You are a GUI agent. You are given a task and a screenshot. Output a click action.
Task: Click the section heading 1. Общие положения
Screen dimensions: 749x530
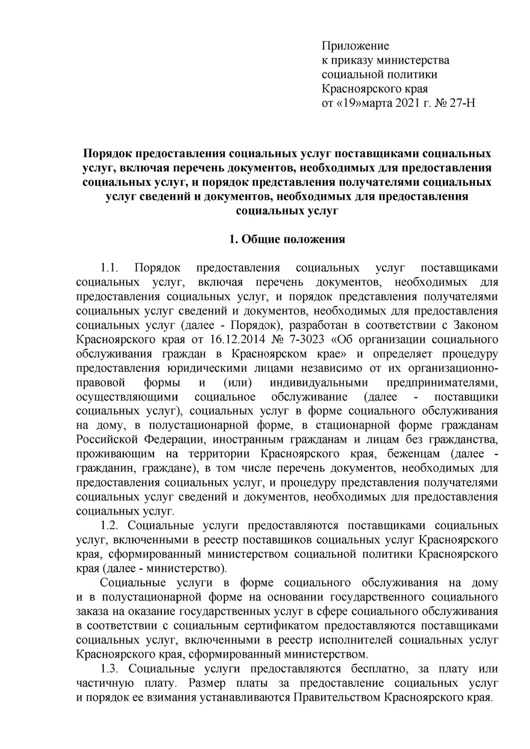(x=287, y=239)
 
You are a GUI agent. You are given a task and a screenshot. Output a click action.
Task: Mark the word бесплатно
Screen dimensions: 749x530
(x=369, y=669)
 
